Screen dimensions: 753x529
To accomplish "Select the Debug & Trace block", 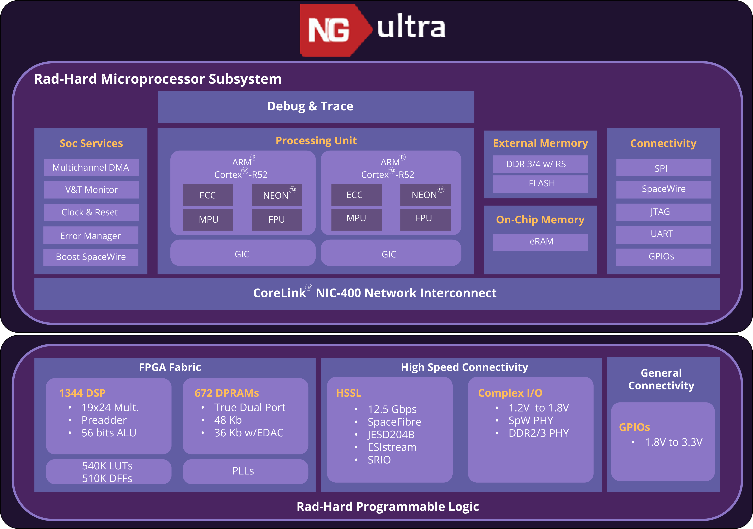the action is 316,107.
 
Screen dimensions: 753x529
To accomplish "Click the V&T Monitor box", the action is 91,190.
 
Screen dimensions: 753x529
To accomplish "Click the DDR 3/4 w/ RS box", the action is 540,164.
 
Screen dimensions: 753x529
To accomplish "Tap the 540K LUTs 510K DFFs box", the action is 108,472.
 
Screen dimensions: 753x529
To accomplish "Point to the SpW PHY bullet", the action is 531,420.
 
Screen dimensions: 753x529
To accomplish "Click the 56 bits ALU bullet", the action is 108,433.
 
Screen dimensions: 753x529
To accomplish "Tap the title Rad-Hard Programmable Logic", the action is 388,507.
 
